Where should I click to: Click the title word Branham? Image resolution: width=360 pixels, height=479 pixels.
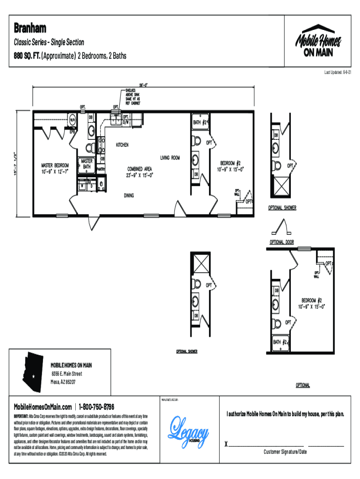[29, 28]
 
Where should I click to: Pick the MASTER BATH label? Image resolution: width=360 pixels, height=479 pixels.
[86, 164]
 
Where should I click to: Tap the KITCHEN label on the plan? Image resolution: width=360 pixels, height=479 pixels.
[122, 145]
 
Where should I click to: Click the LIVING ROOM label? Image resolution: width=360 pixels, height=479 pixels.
[170, 158]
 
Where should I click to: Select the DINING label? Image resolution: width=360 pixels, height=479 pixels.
[131, 195]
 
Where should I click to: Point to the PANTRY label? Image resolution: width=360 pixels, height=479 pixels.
[102, 169]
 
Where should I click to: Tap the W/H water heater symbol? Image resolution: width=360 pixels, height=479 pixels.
[73, 119]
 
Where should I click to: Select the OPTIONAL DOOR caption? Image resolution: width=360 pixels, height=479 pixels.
[282, 242]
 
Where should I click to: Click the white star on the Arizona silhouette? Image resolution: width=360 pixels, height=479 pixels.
[33, 377]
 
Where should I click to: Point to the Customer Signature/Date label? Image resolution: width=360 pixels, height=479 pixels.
[285, 452]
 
